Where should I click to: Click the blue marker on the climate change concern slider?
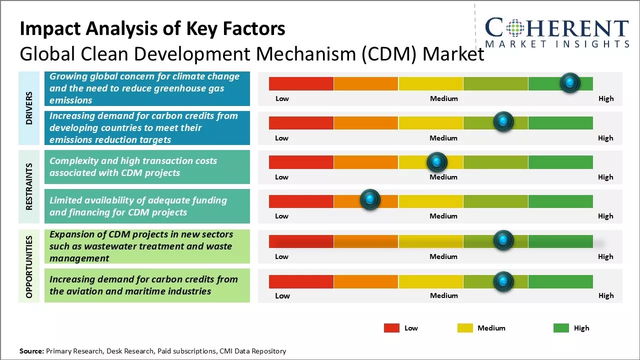point(570,82)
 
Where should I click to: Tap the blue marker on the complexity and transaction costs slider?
point(437,161)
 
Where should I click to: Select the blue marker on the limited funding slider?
point(370,200)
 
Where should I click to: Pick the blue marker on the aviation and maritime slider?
point(503,281)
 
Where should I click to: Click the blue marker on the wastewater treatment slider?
point(503,240)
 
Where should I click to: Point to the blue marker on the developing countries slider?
point(503,121)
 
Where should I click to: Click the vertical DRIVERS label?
point(29,107)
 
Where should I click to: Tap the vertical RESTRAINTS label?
point(29,186)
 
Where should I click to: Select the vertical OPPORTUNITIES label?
point(29,266)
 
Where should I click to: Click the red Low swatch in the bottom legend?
point(391,328)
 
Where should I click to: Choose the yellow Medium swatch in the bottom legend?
point(465,328)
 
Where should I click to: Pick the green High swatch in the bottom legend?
point(561,328)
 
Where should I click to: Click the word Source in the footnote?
point(31,351)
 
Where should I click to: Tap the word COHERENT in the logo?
point(557,28)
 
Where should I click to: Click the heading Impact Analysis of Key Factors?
point(152,29)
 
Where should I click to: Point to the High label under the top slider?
point(605,98)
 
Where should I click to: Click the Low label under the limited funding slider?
point(281,216)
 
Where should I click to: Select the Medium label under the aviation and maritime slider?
point(443,295)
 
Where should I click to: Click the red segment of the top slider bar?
point(301,83)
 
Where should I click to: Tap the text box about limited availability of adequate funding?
point(147,206)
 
